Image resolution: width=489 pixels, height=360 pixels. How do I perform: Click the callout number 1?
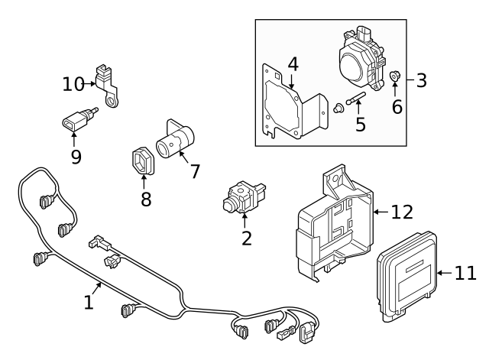89,302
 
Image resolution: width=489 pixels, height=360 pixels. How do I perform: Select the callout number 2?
246,238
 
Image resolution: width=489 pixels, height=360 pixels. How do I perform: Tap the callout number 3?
422,79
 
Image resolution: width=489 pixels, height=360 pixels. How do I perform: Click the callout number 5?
361,122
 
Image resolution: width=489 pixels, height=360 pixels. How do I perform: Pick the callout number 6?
397,106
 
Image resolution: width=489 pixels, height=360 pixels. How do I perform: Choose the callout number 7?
195,171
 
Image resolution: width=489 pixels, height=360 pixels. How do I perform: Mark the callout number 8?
145,199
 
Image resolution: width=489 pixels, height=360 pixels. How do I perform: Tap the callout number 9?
74,157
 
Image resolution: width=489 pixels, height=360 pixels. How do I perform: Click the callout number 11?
465,273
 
